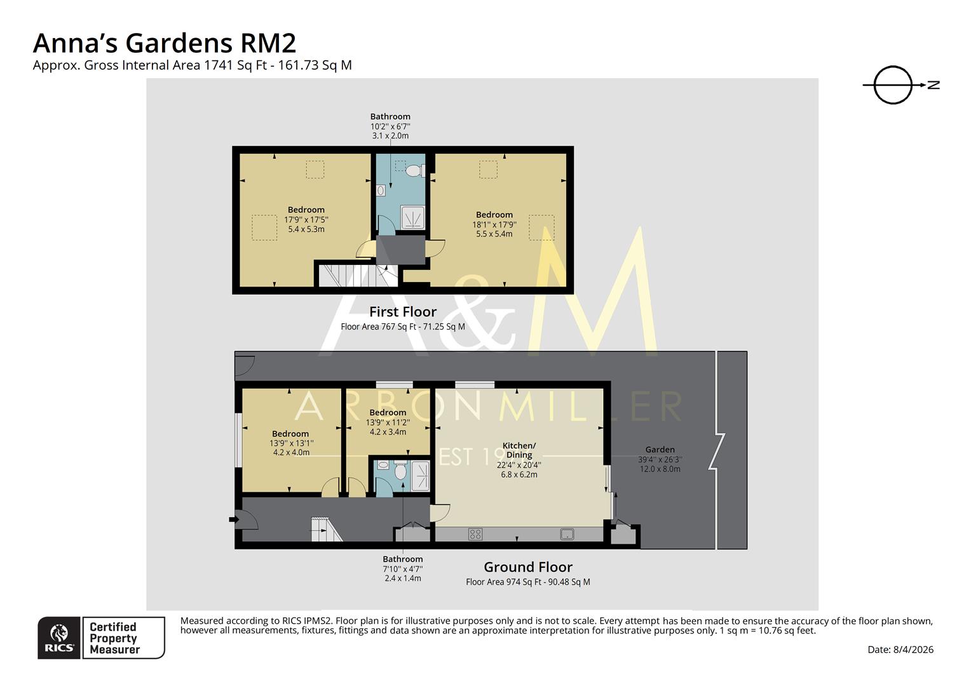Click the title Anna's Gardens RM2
pyautogui.click(x=164, y=43)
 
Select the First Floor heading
pyautogui.click(x=403, y=312)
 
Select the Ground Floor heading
pyautogui.click(x=527, y=567)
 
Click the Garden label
pyautogui.click(x=660, y=450)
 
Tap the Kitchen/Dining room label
pyautogui.click(x=519, y=450)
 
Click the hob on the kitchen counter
pyautogui.click(x=475, y=534)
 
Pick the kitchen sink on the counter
pyautogui.click(x=567, y=534)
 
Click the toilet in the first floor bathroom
pyautogui.click(x=414, y=170)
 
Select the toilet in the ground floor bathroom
pyautogui.click(x=400, y=472)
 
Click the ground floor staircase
pyautogui.click(x=325, y=530)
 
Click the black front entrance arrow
pyautogui.click(x=233, y=520)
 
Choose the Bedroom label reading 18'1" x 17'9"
pyautogui.click(x=494, y=224)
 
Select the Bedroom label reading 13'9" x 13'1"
pyautogui.click(x=290, y=443)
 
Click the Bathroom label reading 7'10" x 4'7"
pyautogui.click(x=402, y=568)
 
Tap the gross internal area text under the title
pyautogui.click(x=192, y=65)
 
